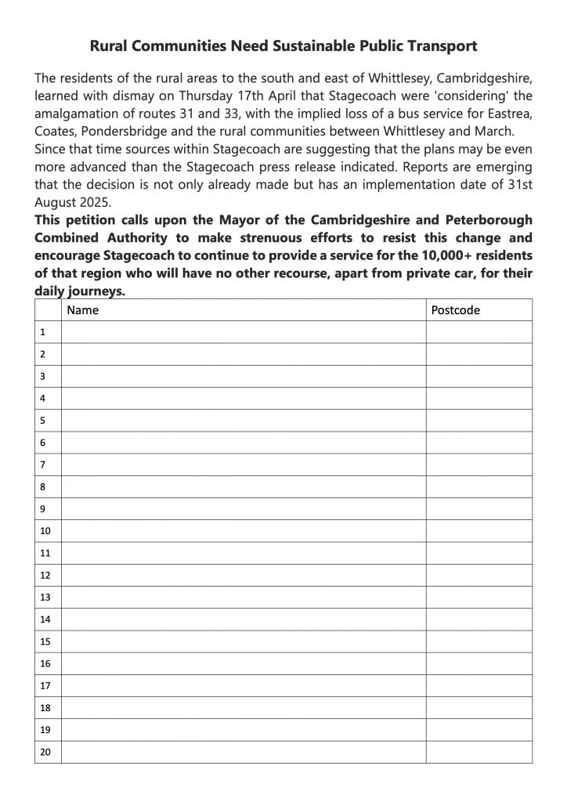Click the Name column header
83,310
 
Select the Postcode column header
456,310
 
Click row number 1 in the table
43,332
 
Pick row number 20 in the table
45,752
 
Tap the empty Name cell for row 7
243,464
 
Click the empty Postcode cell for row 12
479,575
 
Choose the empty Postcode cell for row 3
479,376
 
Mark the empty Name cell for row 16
243,663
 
